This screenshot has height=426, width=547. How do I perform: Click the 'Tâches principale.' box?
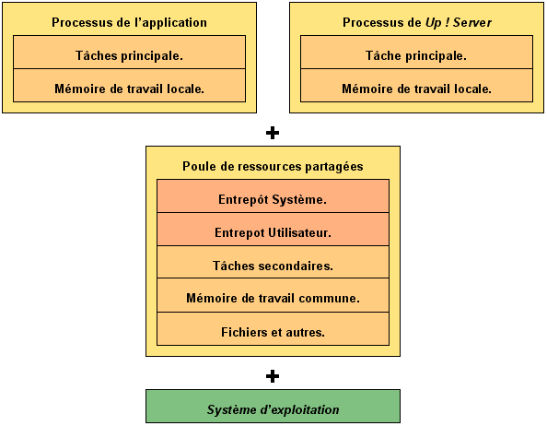[129, 52]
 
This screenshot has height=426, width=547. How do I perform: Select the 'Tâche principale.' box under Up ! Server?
[416, 52]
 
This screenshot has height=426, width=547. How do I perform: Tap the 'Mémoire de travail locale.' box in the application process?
[129, 85]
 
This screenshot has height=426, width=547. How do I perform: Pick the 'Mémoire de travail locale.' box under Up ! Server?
[416, 85]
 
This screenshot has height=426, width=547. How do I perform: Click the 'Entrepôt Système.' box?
[273, 195]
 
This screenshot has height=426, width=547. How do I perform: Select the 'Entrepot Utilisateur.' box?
[273, 229]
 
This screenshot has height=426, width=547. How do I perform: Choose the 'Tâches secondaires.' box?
[273, 262]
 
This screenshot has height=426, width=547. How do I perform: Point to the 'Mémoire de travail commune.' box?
[273, 295]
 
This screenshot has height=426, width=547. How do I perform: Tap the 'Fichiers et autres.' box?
[273, 329]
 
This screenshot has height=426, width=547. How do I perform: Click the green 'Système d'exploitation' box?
[273, 407]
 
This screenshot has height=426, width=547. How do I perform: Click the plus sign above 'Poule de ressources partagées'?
[273, 133]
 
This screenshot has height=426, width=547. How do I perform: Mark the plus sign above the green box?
[273, 376]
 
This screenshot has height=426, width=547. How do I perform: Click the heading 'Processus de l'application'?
[129, 23]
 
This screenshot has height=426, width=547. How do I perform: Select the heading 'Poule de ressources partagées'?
[273, 167]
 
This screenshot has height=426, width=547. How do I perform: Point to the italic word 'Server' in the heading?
[472, 23]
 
